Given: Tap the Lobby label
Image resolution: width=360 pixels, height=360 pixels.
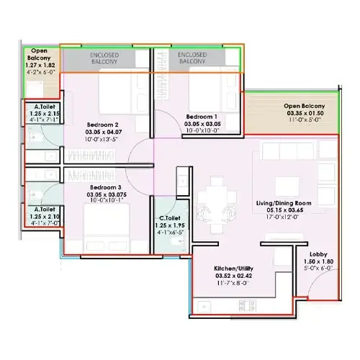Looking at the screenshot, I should (x=318, y=254).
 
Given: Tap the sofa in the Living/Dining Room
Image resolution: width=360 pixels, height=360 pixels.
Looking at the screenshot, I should (x=295, y=151).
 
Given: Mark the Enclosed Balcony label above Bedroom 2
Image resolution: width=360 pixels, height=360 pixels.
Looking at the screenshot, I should (x=104, y=58).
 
